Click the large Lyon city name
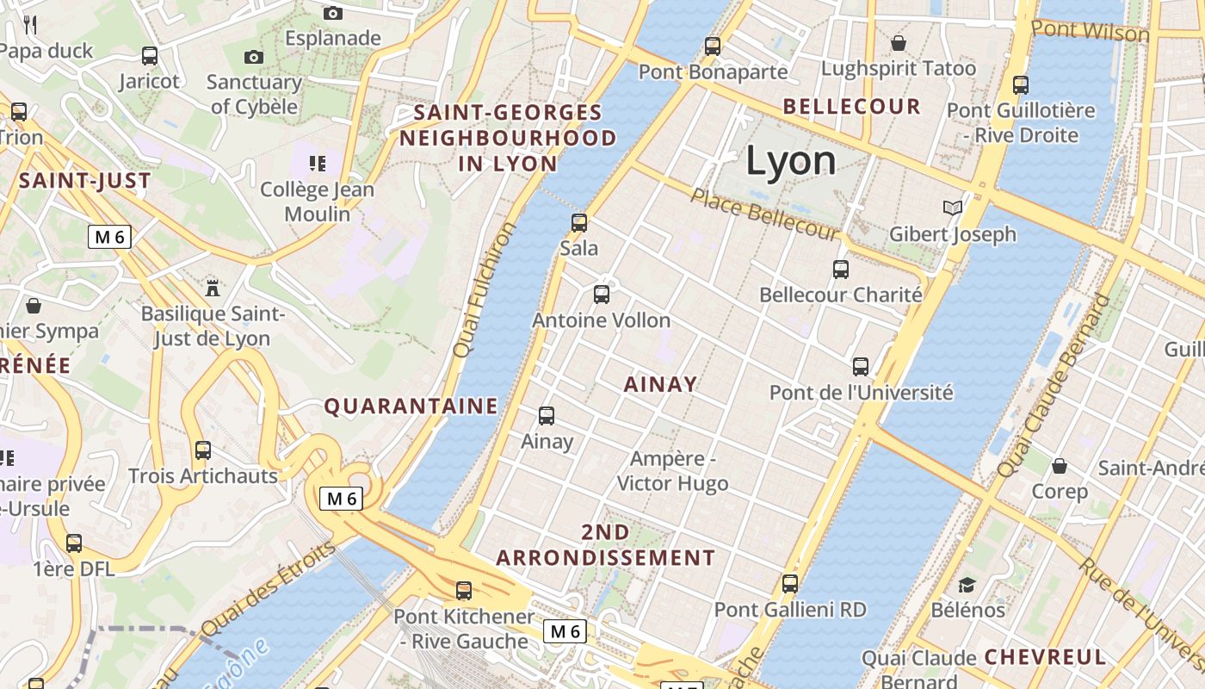pyautogui.click(x=790, y=161)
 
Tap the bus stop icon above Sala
pyautogui.click(x=579, y=223)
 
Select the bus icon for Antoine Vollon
pyautogui.click(x=602, y=295)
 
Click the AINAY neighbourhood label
pyautogui.click(x=660, y=385)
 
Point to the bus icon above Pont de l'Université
pyautogui.click(x=861, y=367)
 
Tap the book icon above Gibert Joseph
pyautogui.click(x=952, y=208)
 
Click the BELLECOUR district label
pyautogui.click(x=851, y=107)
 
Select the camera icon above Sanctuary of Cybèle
pyautogui.click(x=253, y=58)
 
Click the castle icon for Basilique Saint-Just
pyautogui.click(x=213, y=287)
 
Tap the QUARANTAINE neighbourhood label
pyautogui.click(x=411, y=407)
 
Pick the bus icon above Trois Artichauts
pyautogui.click(x=203, y=450)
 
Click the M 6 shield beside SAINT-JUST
pyautogui.click(x=109, y=237)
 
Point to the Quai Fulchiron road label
pyautogui.click(x=485, y=289)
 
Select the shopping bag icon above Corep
pyautogui.click(x=1060, y=466)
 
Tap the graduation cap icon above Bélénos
pyautogui.click(x=967, y=585)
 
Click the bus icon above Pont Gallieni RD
pyautogui.click(x=790, y=584)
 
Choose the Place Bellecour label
pyautogui.click(x=764, y=214)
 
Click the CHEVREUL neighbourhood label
pyautogui.click(x=1044, y=656)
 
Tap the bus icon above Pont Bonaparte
pyautogui.click(x=713, y=47)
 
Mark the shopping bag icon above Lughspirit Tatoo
pyautogui.click(x=899, y=43)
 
